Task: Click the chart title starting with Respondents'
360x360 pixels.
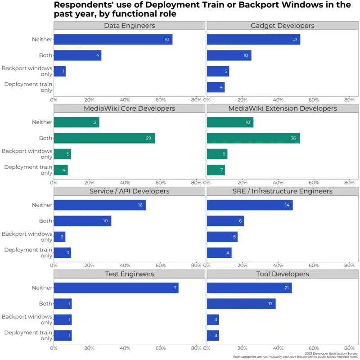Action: tap(202, 9)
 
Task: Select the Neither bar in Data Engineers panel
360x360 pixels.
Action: tap(112, 40)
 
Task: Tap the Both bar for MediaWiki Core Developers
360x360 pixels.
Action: tap(104, 138)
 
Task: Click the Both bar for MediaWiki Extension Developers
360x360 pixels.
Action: tap(253, 138)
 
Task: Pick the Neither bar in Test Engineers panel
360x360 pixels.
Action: tap(116, 288)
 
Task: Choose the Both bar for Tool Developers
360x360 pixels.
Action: tap(241, 304)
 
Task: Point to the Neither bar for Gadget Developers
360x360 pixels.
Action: tap(253, 40)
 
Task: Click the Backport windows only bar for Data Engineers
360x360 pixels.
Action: tap(59, 71)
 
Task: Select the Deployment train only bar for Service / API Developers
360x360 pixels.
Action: tap(62, 252)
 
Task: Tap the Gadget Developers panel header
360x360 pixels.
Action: tap(282, 26)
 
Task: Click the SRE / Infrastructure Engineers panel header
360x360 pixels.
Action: tap(282, 191)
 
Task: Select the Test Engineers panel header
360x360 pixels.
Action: tap(129, 274)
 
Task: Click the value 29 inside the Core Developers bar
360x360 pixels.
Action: tap(148, 138)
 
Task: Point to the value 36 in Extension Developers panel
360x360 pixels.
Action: tap(293, 138)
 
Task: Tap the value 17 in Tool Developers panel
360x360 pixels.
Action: tap(270, 304)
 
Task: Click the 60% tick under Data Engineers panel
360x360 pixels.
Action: tap(161, 100)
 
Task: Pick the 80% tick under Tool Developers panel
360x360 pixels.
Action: tap(349, 348)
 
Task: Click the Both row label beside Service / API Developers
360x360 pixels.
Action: tap(45, 221)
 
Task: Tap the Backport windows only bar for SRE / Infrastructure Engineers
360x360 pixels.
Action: tap(222, 237)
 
